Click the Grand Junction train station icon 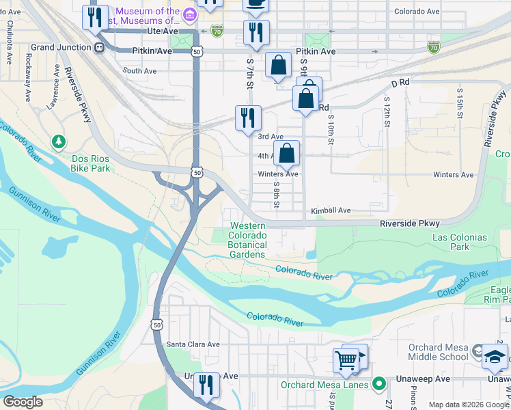pyautogui.click(x=99, y=47)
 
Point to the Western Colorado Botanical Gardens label pyautogui.click(x=247, y=240)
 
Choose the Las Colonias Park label pyautogui.click(x=459, y=242)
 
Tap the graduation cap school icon pyautogui.click(x=495, y=356)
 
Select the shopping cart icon pyautogui.click(x=346, y=359)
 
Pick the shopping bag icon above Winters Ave pyautogui.click(x=286, y=154)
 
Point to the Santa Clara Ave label pyautogui.click(x=193, y=344)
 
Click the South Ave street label pyautogui.click(x=139, y=70)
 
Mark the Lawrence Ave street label pyautogui.click(x=53, y=96)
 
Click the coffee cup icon pyautogui.click(x=255, y=3)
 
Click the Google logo pyautogui.click(x=23, y=402)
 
